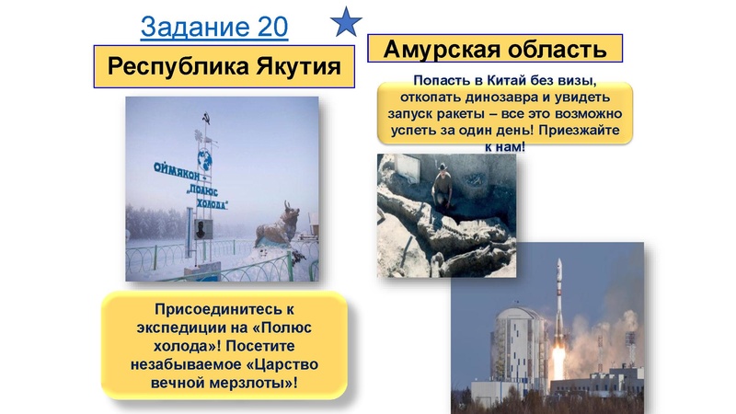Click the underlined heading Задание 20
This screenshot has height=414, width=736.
pos(214,28)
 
